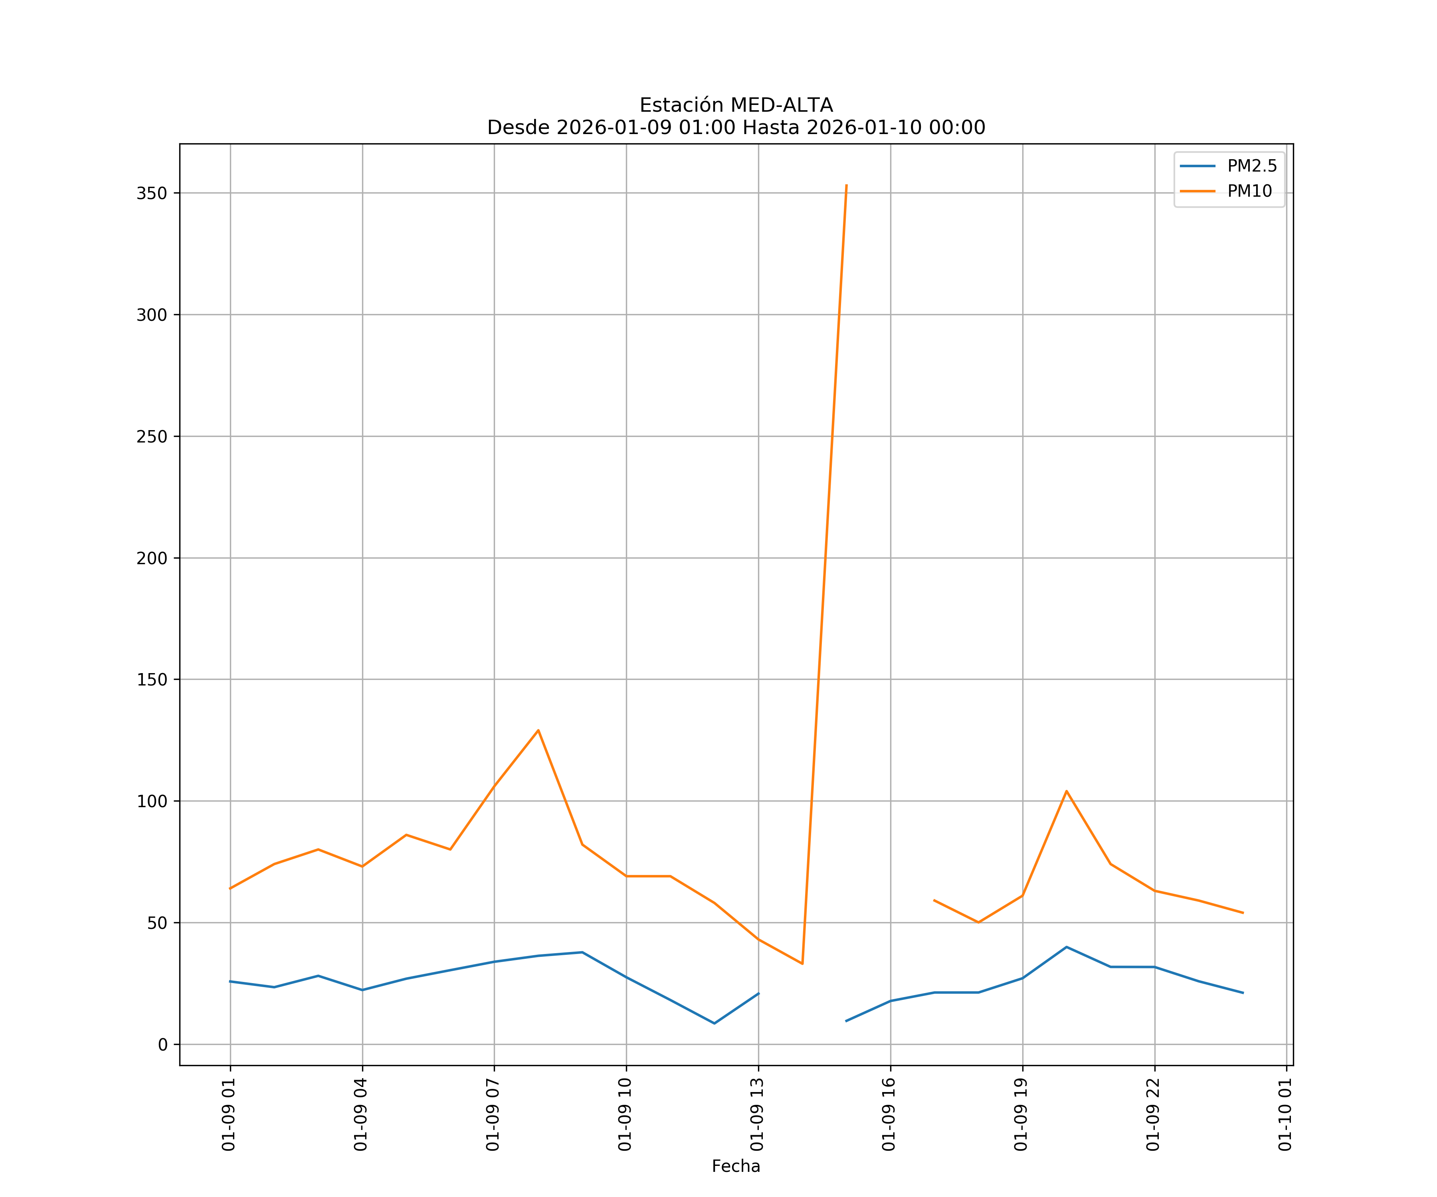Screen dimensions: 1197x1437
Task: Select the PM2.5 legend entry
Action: (x=1251, y=166)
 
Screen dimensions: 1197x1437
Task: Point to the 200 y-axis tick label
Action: (x=152, y=558)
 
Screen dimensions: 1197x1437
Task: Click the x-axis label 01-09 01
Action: (x=229, y=1114)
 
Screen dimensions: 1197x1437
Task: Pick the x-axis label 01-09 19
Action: (x=1021, y=1114)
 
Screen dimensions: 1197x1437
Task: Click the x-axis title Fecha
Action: (x=736, y=1166)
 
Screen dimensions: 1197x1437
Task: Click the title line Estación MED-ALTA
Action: (x=736, y=105)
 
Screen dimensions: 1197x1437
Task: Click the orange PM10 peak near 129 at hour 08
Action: (x=538, y=731)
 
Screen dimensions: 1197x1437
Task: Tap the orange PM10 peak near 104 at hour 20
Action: (x=1066, y=791)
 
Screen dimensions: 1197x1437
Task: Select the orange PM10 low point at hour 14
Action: (x=802, y=964)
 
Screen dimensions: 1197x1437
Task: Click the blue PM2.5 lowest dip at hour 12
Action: (x=715, y=1023)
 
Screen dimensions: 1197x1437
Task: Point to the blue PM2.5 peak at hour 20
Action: (x=1066, y=947)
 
